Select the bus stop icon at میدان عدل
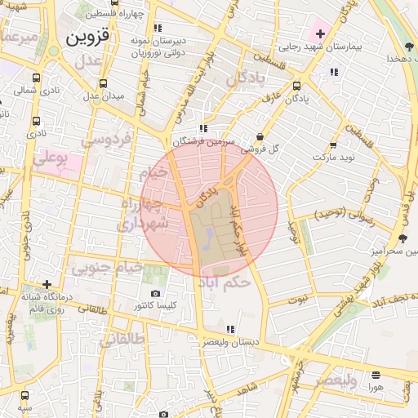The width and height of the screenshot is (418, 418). click(x=104, y=84)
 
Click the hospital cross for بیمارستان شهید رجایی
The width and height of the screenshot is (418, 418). click(x=320, y=34)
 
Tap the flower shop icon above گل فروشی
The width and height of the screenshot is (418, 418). click(x=260, y=136)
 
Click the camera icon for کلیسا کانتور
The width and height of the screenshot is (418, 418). click(x=156, y=294)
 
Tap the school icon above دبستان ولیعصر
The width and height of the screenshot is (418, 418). click(x=230, y=329)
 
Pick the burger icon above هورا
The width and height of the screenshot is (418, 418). click(x=376, y=376)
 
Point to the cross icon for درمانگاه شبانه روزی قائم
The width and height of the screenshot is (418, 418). click(x=47, y=283)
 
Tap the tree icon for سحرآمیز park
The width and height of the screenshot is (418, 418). click(x=402, y=238)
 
